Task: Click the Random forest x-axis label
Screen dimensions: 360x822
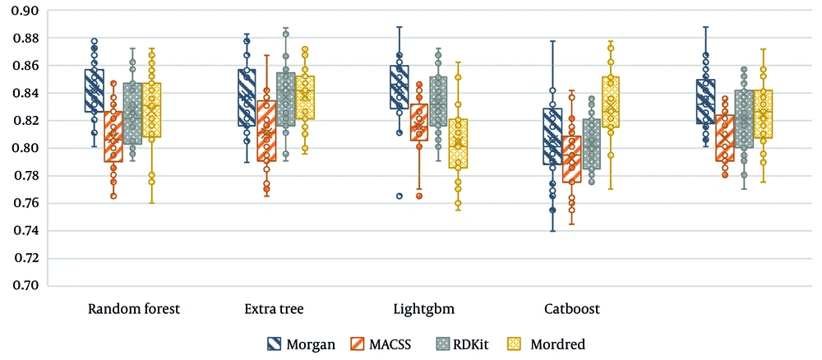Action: point(134,310)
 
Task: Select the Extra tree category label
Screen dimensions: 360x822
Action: point(274,310)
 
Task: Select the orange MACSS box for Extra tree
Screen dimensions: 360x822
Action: point(266,131)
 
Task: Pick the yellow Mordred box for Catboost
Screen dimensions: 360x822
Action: point(610,102)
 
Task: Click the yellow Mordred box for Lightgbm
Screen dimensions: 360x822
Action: point(458,144)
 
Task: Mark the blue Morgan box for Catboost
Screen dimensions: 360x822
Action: point(553,136)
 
